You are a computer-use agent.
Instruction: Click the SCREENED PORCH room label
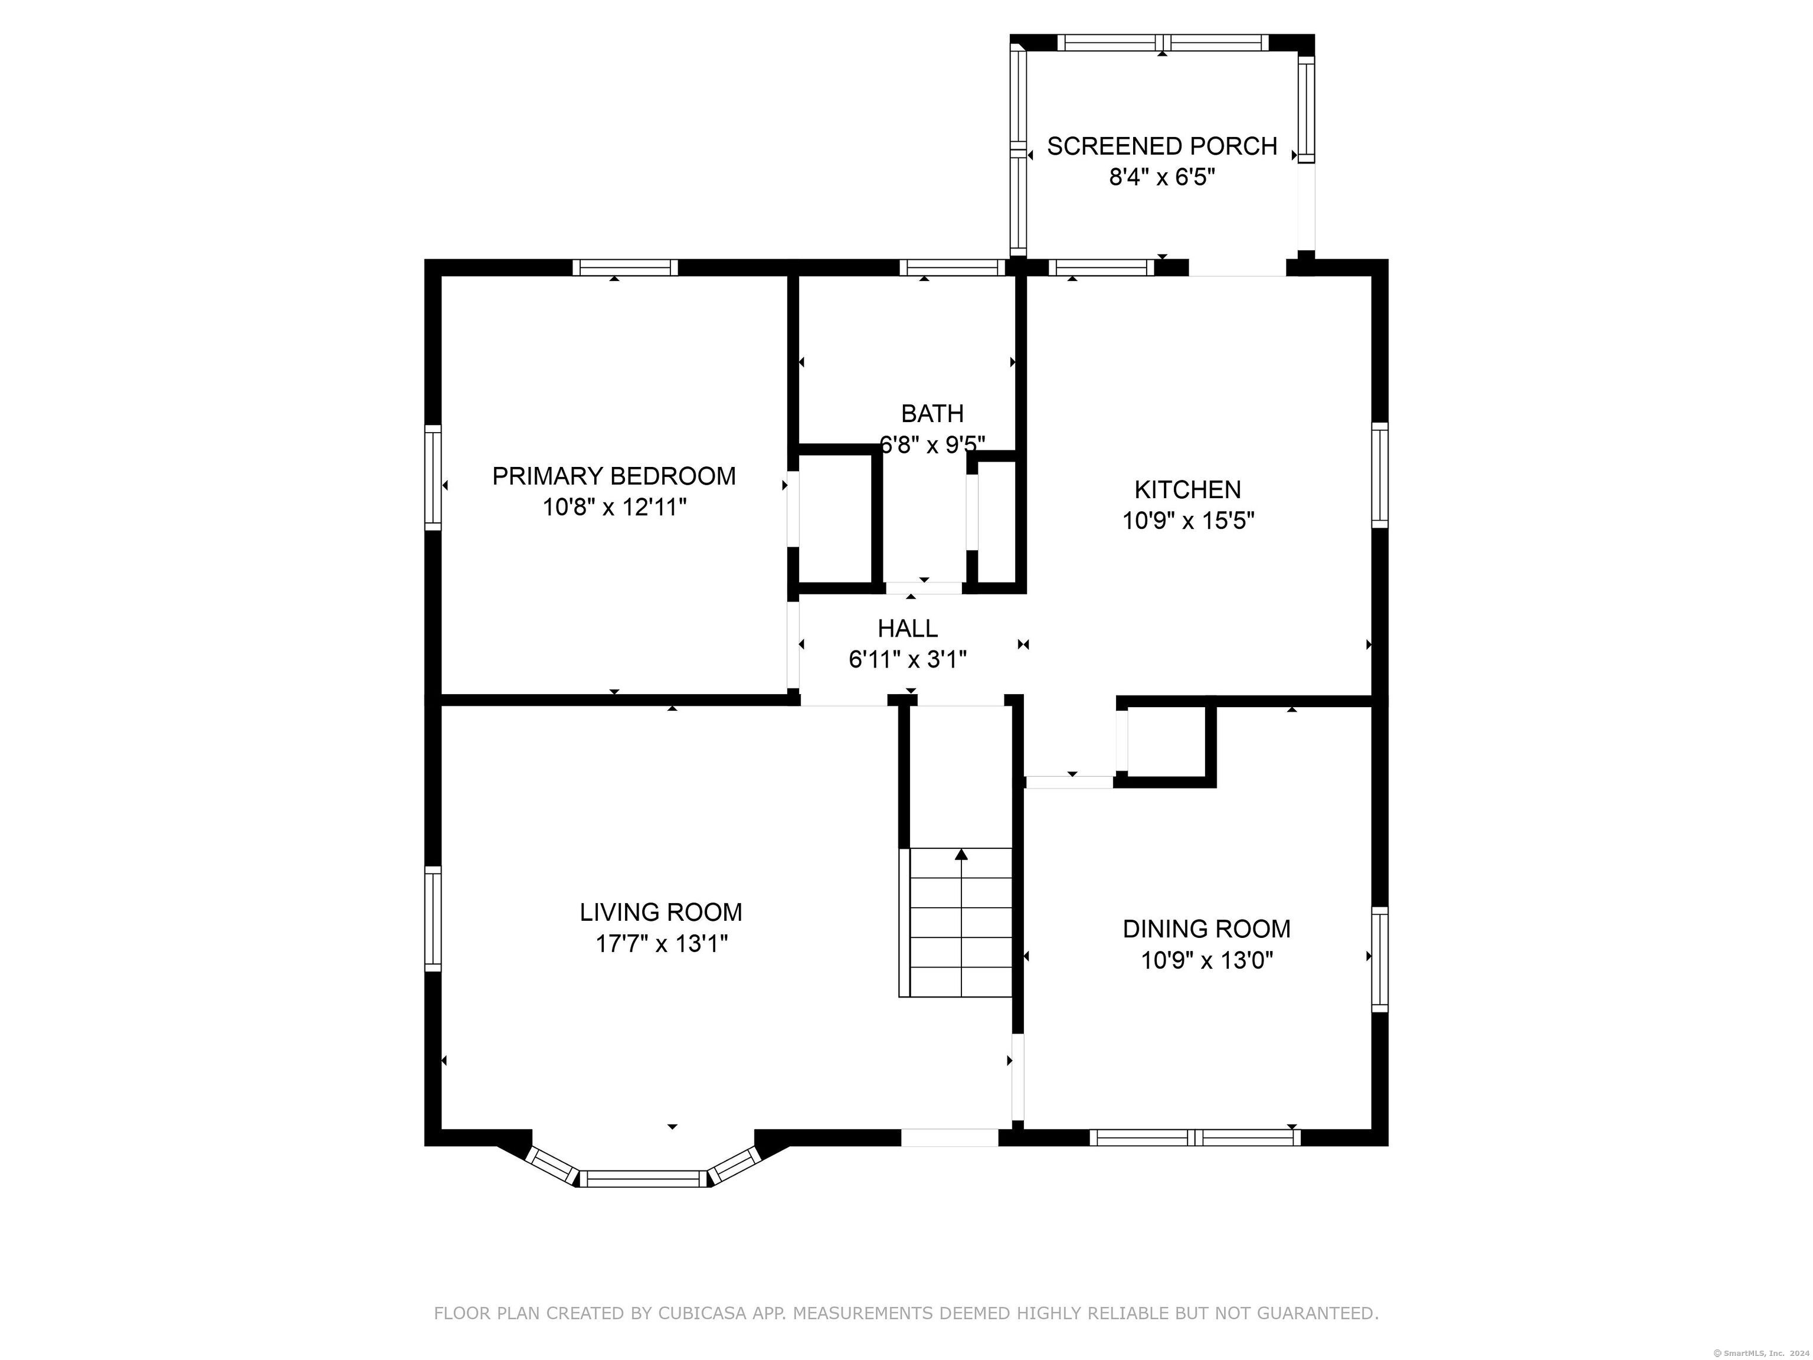[x=1161, y=146]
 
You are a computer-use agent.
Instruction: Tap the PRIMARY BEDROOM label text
[x=614, y=475]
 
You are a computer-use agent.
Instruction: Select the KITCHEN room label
[x=1187, y=489]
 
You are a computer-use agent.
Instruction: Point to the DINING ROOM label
[x=1206, y=929]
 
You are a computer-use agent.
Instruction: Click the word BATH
[x=932, y=413]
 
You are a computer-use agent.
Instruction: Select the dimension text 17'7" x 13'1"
[x=662, y=944]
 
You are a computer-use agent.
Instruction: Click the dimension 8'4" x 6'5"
[x=1162, y=177]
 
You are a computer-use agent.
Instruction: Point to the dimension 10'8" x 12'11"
[x=614, y=508]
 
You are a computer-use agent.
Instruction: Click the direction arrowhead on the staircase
[x=961, y=854]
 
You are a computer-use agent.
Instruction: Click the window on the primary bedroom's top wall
[x=626, y=267]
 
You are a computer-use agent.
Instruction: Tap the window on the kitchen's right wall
[x=1380, y=475]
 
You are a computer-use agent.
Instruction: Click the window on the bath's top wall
[x=953, y=267]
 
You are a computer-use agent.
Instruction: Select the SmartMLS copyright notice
[x=1763, y=1353]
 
